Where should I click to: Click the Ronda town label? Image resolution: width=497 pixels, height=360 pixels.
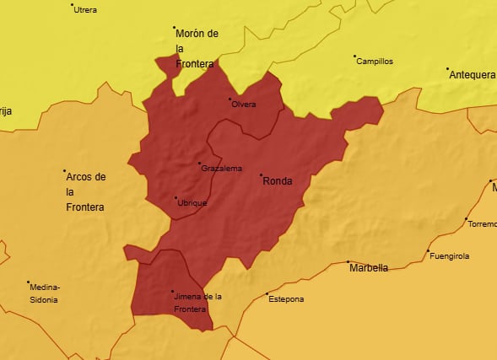point(278,180)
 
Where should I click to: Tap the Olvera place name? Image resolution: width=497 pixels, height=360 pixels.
point(243,105)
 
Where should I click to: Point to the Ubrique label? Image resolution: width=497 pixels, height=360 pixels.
point(192,203)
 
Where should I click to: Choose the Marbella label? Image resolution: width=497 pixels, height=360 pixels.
point(369,268)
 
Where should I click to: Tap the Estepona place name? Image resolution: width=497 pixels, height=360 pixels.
point(285,299)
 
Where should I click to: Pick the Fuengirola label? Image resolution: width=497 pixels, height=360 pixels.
point(448,256)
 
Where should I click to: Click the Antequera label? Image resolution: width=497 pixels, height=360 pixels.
point(473,75)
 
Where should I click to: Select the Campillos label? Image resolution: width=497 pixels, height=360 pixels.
point(374,62)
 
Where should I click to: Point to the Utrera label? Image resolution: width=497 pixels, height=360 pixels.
point(85,10)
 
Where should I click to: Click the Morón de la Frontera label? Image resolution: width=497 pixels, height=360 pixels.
point(197,48)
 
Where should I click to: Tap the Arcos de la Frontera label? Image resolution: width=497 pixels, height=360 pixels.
point(85,191)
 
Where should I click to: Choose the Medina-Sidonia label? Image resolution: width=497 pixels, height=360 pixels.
point(45,293)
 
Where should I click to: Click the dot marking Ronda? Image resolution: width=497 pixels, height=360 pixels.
point(261,175)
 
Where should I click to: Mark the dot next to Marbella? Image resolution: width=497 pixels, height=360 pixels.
point(348,262)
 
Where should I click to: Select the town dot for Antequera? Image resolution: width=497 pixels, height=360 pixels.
point(447,69)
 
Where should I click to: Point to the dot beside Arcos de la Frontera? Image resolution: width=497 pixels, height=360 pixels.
point(65,171)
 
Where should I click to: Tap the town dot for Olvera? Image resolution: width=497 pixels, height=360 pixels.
point(230,99)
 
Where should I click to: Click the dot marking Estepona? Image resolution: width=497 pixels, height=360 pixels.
point(267,293)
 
